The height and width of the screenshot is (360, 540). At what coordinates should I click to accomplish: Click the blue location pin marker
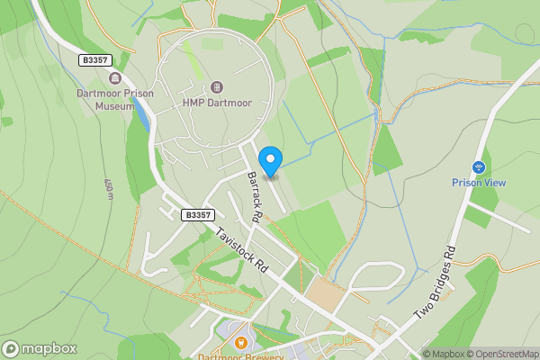(270, 158)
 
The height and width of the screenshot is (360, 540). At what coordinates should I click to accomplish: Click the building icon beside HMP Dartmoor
(216, 86)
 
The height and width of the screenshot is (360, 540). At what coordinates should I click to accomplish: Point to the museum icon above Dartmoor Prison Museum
(114, 79)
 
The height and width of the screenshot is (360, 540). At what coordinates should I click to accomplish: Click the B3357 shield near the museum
(92, 59)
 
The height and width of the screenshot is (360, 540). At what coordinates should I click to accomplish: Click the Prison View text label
(478, 183)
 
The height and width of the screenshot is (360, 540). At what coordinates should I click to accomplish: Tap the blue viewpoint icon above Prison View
(479, 166)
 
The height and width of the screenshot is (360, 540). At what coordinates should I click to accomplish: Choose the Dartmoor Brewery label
(240, 355)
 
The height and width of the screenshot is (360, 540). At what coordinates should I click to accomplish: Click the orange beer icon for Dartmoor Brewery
(240, 341)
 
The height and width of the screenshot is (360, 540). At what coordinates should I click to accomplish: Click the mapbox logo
(40, 348)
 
